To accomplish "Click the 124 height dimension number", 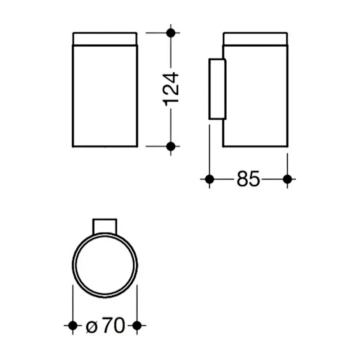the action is point(171,89).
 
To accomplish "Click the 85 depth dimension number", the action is point(248,179).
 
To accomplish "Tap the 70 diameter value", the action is point(114,325).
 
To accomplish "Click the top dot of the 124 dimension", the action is point(171,33).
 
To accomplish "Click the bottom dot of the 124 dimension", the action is point(171,146).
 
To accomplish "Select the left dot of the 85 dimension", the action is point(210,179).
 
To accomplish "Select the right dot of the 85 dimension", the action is point(287,179).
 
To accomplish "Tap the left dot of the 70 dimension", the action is point(73,325).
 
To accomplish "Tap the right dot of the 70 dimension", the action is point(137,325).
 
